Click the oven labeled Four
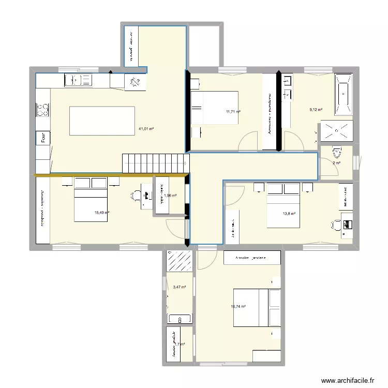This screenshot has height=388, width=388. point(43,138)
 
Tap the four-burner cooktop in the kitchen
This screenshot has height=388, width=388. point(43,110)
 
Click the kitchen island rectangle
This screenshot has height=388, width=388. point(102,121)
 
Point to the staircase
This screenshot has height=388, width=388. point(154,163)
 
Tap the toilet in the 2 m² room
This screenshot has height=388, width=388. point(337,153)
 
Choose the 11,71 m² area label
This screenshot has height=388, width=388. point(233,111)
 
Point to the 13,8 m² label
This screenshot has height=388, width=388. point(289,213)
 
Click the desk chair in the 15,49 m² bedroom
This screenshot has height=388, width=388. point(136,196)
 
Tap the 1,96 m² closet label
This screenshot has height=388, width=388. point(171,196)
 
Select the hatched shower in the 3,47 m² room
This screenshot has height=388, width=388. point(180,261)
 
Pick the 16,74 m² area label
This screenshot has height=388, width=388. point(238,306)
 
